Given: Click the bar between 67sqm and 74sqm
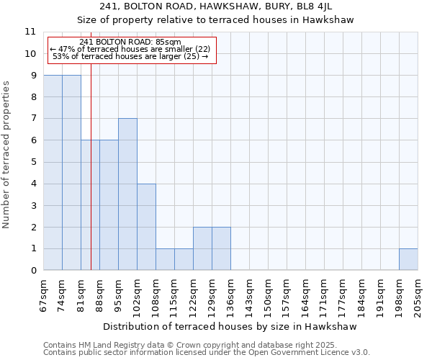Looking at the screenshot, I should point(53,173).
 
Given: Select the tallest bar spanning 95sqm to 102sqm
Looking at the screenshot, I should point(127,194).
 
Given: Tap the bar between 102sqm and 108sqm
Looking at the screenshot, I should point(146,227).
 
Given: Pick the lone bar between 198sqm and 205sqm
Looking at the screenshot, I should point(408,260).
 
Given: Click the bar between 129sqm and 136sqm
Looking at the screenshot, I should point(221,249).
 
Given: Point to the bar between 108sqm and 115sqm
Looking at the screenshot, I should point(165,260).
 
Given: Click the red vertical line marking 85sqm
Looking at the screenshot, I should point(91,180).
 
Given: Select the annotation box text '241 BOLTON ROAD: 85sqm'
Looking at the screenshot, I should point(130,42).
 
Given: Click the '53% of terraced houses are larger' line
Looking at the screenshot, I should point(130,56).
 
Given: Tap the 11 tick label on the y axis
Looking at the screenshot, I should point(30,32).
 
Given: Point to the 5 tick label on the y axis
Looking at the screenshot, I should point(32,162).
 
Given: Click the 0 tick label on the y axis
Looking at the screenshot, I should point(32,271).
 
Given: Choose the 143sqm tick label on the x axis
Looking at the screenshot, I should point(249,294).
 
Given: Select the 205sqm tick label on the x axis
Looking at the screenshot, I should point(418,294).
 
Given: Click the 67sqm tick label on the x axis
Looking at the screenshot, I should point(44,294).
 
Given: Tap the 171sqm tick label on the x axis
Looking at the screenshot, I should point(324,294).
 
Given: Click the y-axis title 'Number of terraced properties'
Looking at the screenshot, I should point(6,155).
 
